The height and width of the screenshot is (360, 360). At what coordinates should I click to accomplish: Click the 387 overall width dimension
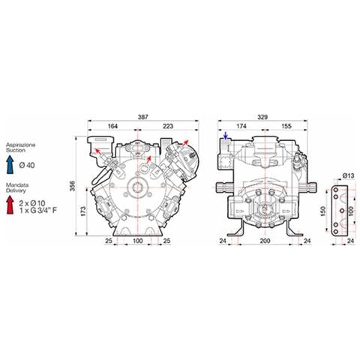coord(143,117)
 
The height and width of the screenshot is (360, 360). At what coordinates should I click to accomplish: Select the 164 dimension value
coord(112,126)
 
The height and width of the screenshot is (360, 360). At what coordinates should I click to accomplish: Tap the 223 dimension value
coord(168,126)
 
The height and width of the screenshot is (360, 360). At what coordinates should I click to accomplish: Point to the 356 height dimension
coord(73,186)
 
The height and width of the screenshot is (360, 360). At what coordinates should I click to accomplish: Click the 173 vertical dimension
coord(83,211)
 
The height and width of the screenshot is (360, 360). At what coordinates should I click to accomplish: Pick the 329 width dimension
coord(262,117)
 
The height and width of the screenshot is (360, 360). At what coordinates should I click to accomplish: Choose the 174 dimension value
coord(241,126)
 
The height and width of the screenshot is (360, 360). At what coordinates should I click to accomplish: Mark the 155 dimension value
coord(286,126)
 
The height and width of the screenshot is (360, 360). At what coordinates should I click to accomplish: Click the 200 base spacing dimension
coord(265,241)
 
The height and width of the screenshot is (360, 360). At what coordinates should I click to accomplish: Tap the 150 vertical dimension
coord(323,211)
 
